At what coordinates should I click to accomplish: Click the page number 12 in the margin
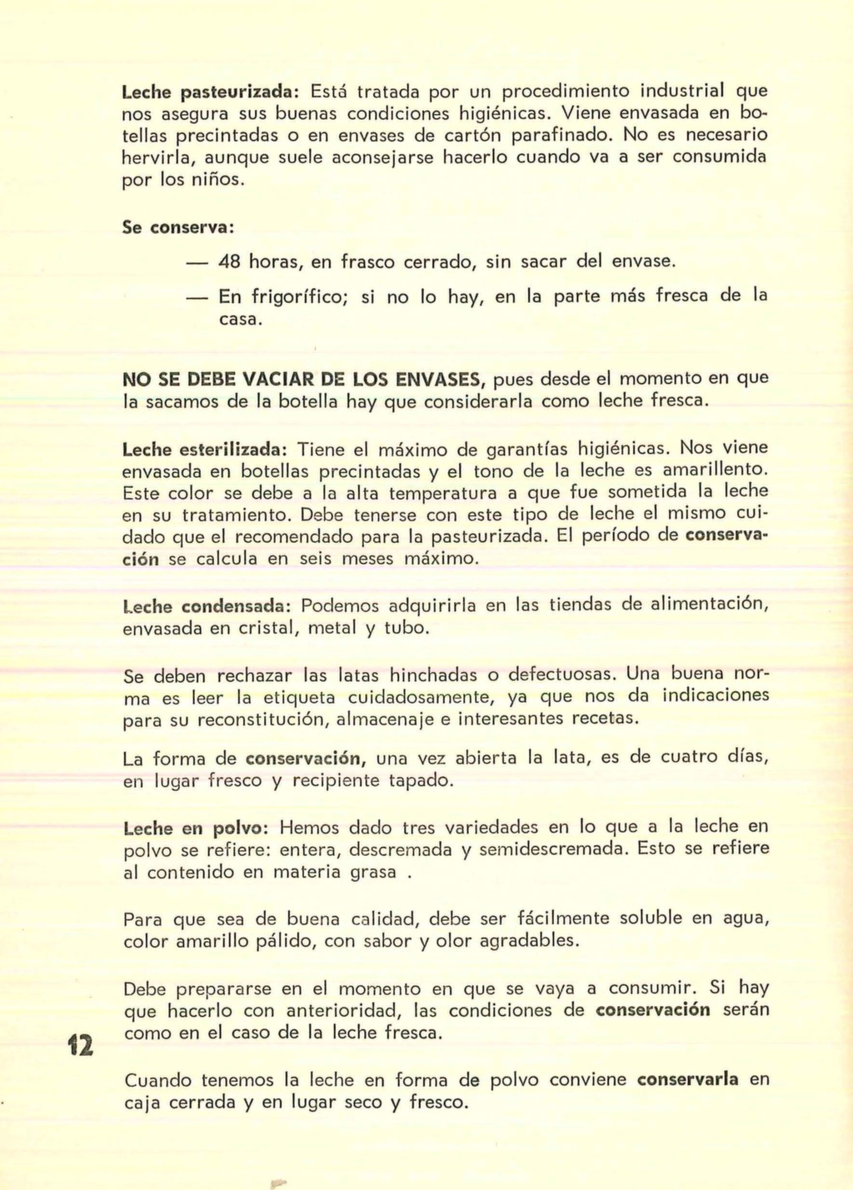click(x=82, y=1044)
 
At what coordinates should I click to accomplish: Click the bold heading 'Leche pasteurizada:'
click(x=211, y=90)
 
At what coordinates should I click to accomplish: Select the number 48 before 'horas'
click(x=229, y=261)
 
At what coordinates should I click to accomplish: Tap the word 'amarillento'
click(x=710, y=471)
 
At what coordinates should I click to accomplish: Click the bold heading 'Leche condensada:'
click(x=207, y=605)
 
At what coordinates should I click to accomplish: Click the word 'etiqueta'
click(x=298, y=697)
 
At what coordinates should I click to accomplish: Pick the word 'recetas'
click(x=605, y=718)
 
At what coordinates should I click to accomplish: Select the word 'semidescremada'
click(x=551, y=849)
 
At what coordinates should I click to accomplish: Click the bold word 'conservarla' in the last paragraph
click(x=687, y=1079)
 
